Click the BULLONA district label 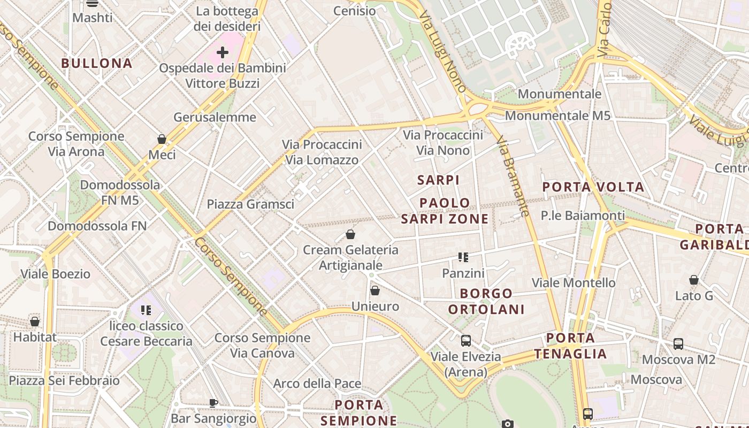pyautogui.click(x=96, y=63)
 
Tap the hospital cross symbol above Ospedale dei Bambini pyautogui.click(x=223, y=52)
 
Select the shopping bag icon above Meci pyautogui.click(x=162, y=140)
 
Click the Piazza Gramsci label pyautogui.click(x=250, y=204)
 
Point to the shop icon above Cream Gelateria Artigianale pyautogui.click(x=350, y=234)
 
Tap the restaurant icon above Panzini pyautogui.click(x=463, y=258)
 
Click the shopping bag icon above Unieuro pyautogui.click(x=375, y=291)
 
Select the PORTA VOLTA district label pyautogui.click(x=593, y=187)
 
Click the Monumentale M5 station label pyautogui.click(x=557, y=116)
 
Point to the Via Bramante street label pyautogui.click(x=513, y=176)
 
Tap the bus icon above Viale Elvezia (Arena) pyautogui.click(x=466, y=341)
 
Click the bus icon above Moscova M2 pyautogui.click(x=678, y=344)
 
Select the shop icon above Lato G pyautogui.click(x=694, y=280)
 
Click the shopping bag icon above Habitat pyautogui.click(x=35, y=322)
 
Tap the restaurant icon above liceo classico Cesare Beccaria pyautogui.click(x=146, y=310)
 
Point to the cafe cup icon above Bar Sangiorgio pyautogui.click(x=213, y=403)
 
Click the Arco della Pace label pyautogui.click(x=317, y=384)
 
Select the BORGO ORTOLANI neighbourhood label pyautogui.click(x=486, y=301)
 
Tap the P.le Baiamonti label pyautogui.click(x=583, y=216)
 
